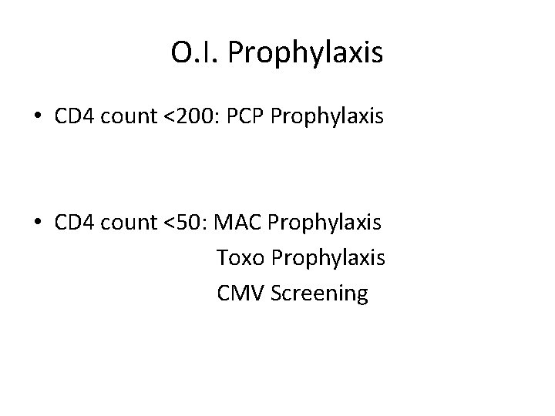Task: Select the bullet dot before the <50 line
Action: pyautogui.click(x=38, y=223)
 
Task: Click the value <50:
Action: pyautogui.click(x=183, y=223)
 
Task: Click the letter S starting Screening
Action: pyautogui.click(x=278, y=294)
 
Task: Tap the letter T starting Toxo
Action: pyautogui.click(x=223, y=258)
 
